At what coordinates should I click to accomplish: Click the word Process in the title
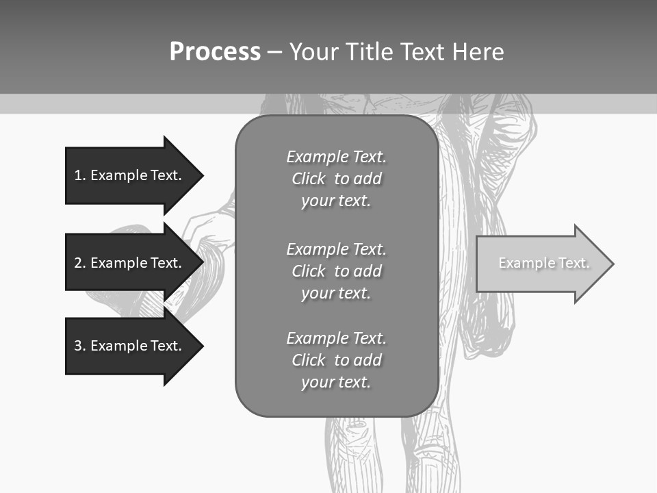215,52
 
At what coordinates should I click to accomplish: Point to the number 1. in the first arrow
79,175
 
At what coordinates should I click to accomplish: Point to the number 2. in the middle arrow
79,263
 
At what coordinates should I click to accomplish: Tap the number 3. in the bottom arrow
79,346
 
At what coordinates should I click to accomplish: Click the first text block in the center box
336,179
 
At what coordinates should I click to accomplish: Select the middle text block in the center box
336,270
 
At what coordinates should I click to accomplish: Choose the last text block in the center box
336,360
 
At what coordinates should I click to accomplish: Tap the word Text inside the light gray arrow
574,263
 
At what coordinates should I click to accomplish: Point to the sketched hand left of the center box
209,229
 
